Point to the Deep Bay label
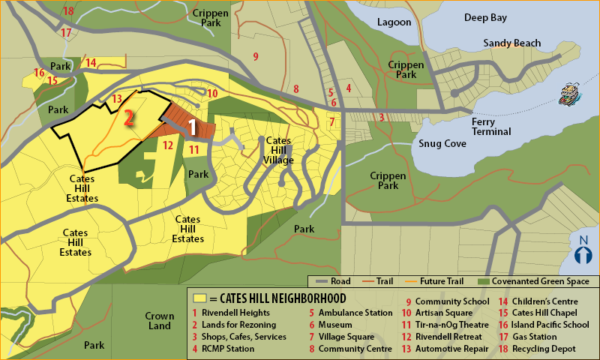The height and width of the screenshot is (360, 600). (487, 17)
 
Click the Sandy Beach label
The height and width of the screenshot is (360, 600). (511, 43)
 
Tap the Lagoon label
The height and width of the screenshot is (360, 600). (394, 22)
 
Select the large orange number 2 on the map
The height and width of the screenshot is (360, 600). (129, 118)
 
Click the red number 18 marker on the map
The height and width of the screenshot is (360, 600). (68, 10)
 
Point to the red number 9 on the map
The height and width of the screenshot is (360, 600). (256, 56)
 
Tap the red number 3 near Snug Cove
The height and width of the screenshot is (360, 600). (381, 117)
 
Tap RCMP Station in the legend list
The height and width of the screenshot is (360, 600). (229, 349)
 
